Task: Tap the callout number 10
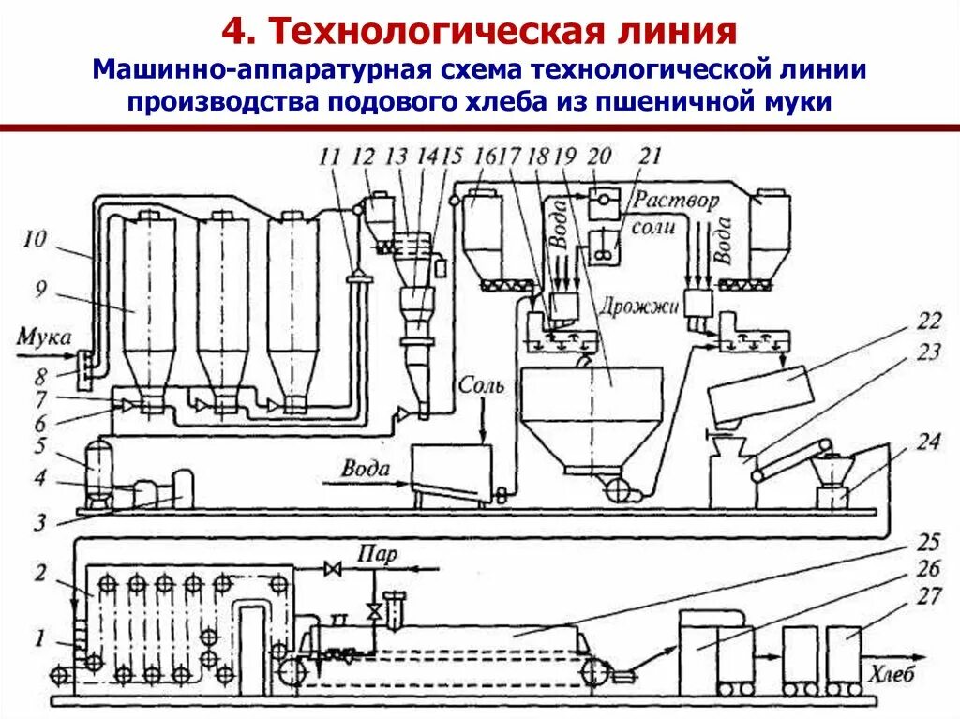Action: (x=35, y=239)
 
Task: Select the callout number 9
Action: (x=40, y=289)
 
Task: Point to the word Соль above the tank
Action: (x=481, y=385)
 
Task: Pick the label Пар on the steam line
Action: (x=378, y=554)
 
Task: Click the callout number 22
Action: (x=928, y=322)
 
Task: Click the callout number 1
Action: (x=39, y=638)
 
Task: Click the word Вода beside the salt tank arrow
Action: (x=366, y=469)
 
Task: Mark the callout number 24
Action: (x=928, y=441)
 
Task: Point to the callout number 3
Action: (x=39, y=522)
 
